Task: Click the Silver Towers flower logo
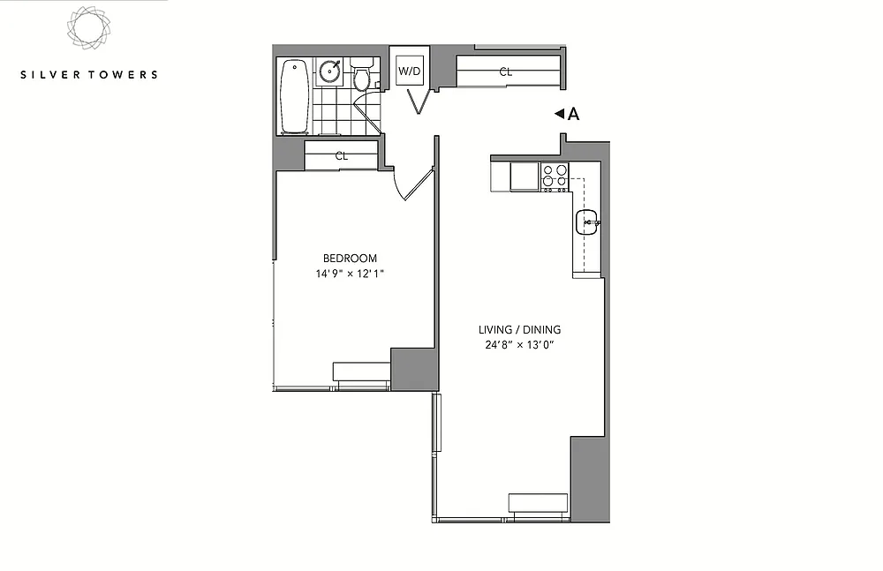[88, 28]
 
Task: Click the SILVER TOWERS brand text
[89, 74]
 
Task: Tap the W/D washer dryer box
[410, 71]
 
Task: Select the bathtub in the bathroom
[295, 95]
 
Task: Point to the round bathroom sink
[328, 71]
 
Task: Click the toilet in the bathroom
[361, 74]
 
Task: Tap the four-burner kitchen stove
[555, 177]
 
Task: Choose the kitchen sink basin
[587, 222]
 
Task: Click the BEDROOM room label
[350, 259]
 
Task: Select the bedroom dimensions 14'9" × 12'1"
[350, 274]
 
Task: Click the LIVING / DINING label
[519, 329]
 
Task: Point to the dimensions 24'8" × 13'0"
[519, 344]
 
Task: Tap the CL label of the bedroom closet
[341, 156]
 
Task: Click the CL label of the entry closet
[506, 72]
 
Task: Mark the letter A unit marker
[573, 115]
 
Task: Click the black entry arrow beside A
[559, 114]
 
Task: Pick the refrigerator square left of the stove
[525, 177]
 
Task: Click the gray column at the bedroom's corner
[414, 370]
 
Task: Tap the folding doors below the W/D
[419, 101]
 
